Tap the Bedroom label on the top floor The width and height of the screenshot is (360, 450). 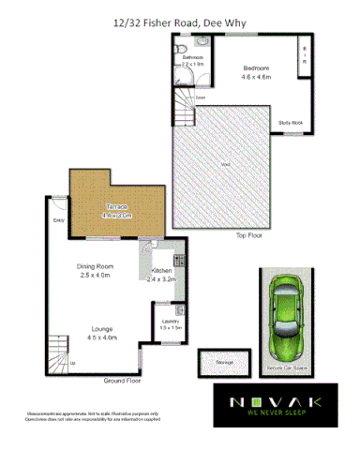pos(256,68)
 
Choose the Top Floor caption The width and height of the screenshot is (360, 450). pos(248,236)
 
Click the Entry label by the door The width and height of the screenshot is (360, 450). pos(59,221)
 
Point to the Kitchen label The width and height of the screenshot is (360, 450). pos(161,270)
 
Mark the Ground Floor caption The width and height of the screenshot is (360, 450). pos(122,381)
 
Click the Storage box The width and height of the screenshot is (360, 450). pos(224,361)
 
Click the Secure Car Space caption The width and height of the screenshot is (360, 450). pos(287,367)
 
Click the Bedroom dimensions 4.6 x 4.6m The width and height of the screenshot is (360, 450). pos(256,77)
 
